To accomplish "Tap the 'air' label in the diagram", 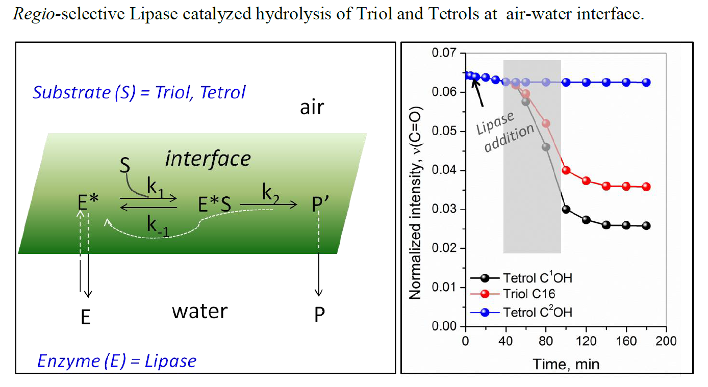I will [312, 108].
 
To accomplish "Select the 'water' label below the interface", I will [199, 311].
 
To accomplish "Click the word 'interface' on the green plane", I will [208, 159].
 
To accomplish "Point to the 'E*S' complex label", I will [215, 205].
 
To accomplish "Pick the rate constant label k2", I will [271, 194].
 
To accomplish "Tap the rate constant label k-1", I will [159, 226].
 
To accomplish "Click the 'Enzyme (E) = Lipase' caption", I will [117, 361].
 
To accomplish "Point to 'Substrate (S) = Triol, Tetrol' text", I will [139, 92].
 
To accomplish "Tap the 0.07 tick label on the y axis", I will [443, 53].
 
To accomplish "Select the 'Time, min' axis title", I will [566, 364].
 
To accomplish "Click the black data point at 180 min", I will [646, 226].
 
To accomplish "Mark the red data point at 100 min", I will [566, 170].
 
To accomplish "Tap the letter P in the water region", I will [319, 315].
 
